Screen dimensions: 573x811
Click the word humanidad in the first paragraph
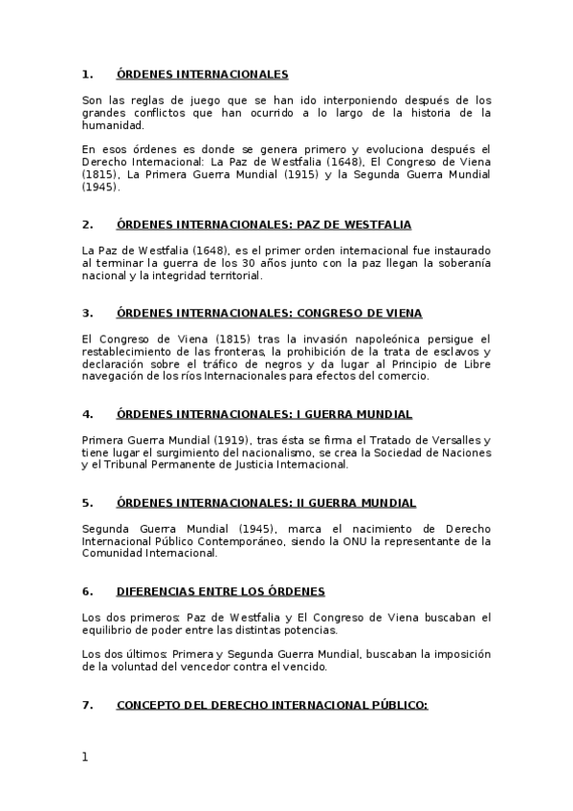tap(113, 125)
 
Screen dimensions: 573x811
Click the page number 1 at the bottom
tap(85, 756)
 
